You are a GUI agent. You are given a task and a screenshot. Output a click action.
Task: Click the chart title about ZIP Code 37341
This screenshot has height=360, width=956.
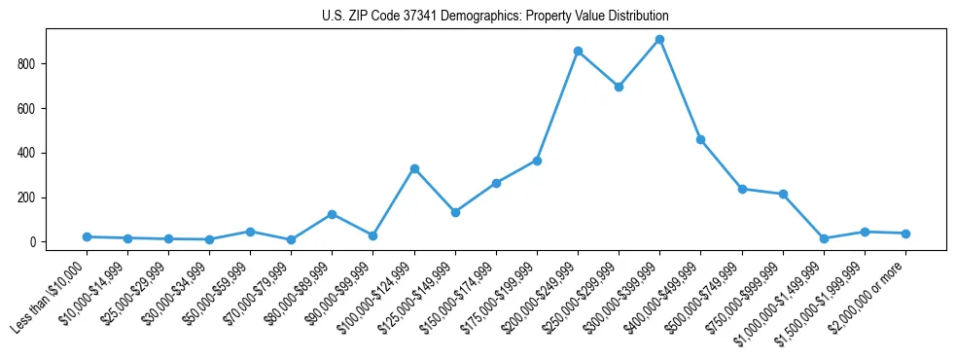click(x=495, y=17)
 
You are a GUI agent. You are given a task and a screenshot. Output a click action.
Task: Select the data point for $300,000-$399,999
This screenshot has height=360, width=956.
click(x=659, y=40)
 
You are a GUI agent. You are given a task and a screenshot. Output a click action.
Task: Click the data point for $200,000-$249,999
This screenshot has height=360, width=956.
click(x=578, y=51)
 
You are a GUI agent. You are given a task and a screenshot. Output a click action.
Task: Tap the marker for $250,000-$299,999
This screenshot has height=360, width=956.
click(x=619, y=87)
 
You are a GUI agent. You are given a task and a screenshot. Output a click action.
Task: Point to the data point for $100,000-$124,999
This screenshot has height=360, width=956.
click(x=414, y=168)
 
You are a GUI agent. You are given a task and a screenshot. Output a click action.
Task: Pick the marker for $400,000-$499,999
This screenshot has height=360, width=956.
click(x=700, y=140)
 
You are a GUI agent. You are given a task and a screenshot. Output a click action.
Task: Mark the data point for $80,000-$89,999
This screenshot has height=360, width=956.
click(x=333, y=214)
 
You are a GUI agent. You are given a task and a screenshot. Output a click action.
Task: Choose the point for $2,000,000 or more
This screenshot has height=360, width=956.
click(x=905, y=234)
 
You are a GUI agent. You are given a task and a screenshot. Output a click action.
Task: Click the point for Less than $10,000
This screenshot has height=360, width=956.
click(x=87, y=236)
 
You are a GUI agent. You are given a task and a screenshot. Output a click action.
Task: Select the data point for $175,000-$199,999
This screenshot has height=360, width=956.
click(x=537, y=161)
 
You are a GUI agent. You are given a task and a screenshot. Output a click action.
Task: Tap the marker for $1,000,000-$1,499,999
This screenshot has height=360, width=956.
click(x=824, y=238)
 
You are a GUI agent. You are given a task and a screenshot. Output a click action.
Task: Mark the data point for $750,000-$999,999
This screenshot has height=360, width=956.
click(x=783, y=194)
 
